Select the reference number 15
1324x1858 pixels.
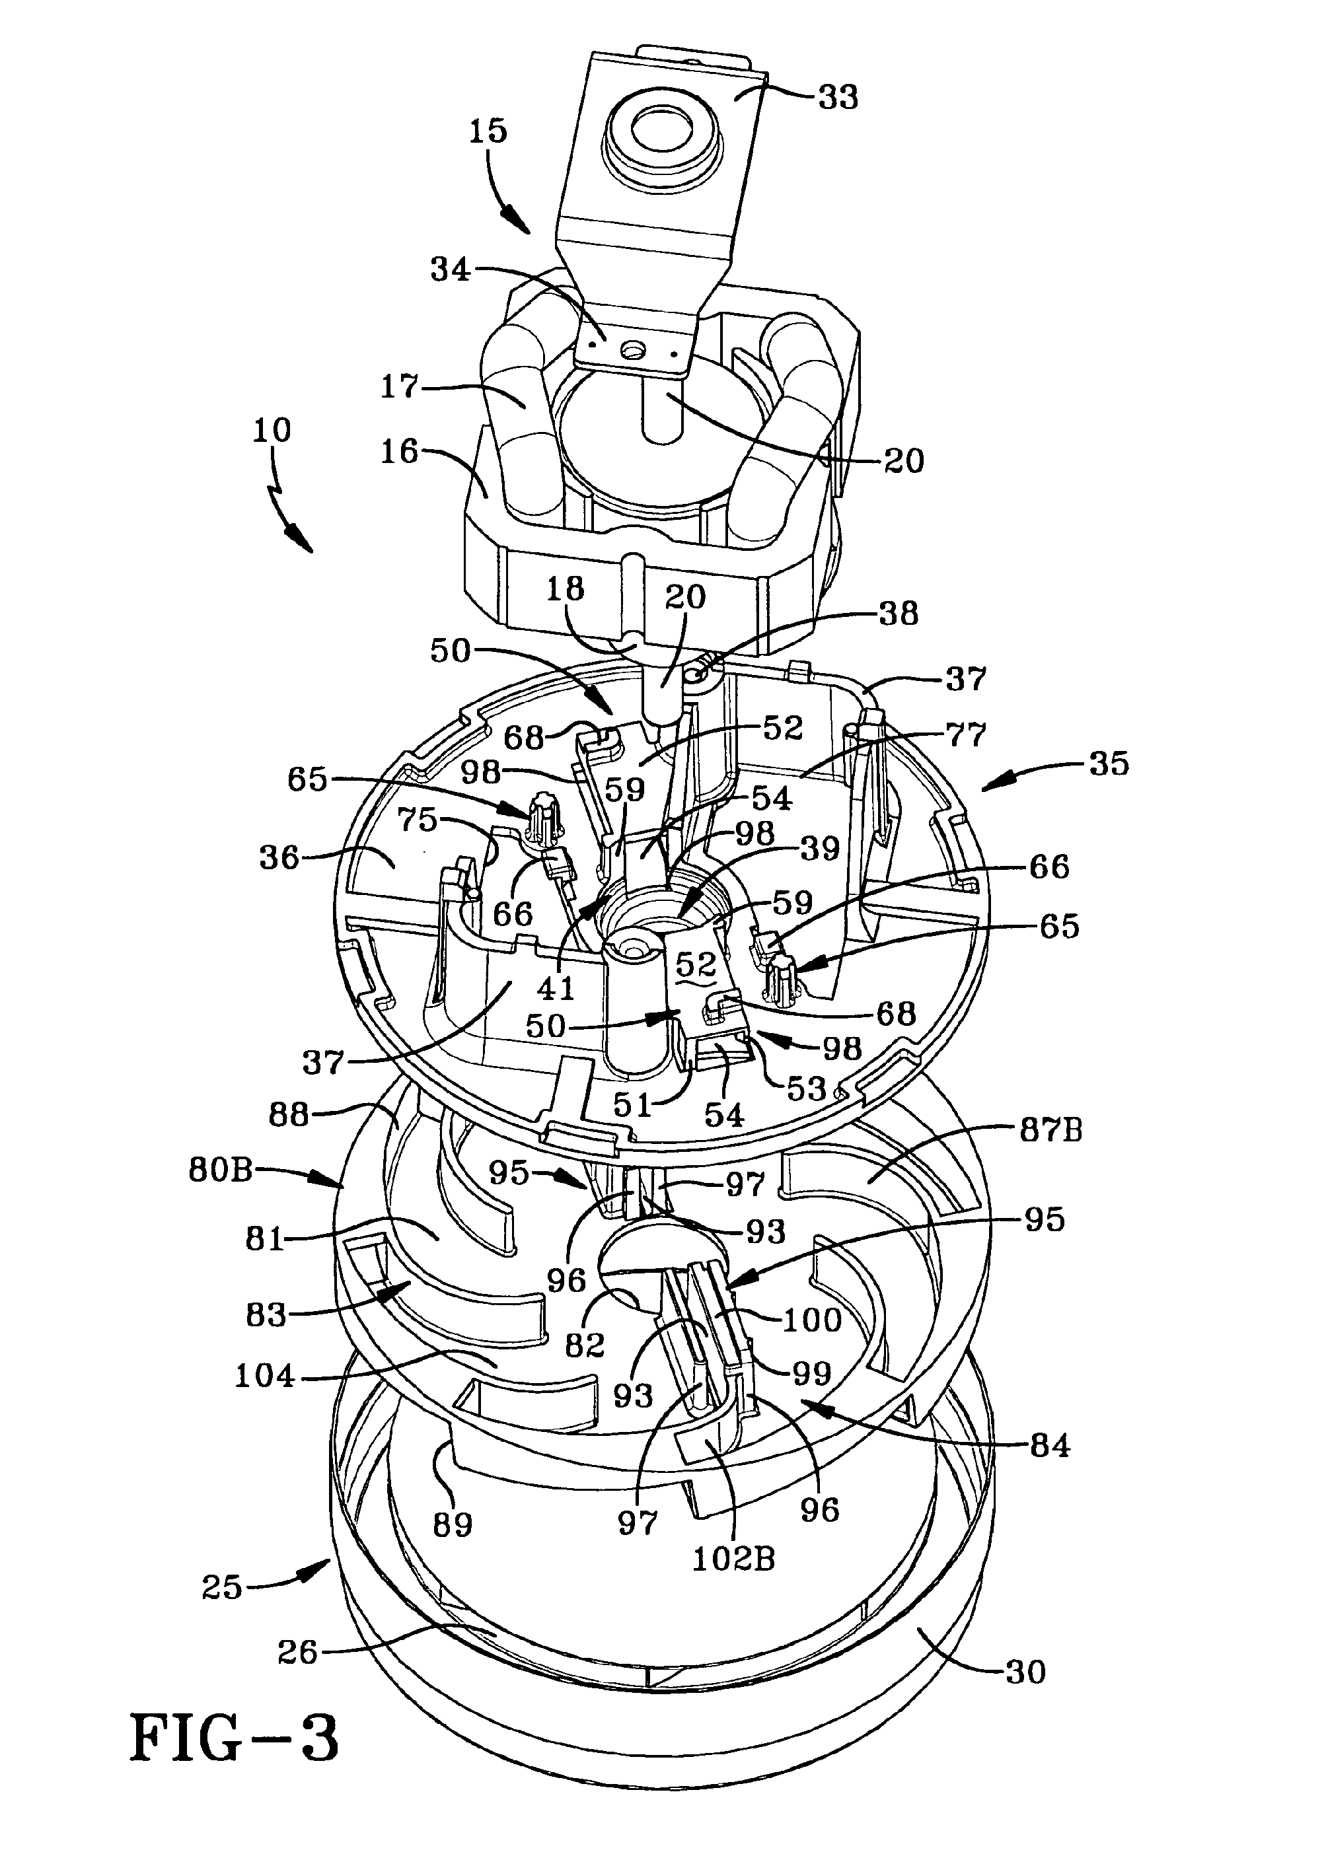click(488, 131)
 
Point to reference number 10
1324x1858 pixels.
click(272, 430)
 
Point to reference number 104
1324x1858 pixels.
click(264, 1376)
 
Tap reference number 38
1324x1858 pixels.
click(898, 613)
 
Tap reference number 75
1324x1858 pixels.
click(419, 820)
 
